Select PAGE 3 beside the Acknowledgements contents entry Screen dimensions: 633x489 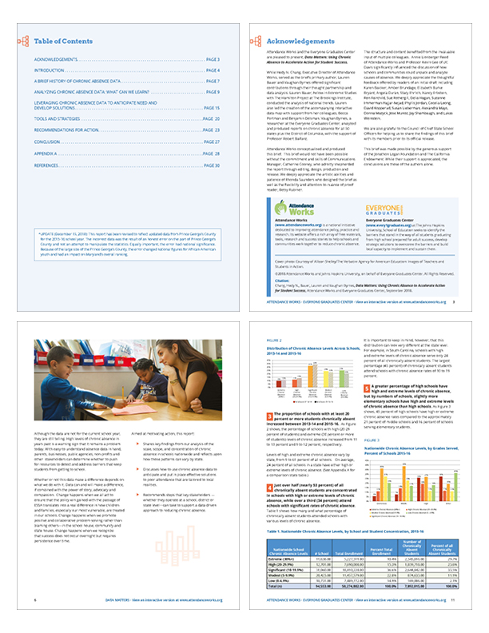pos(212,60)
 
